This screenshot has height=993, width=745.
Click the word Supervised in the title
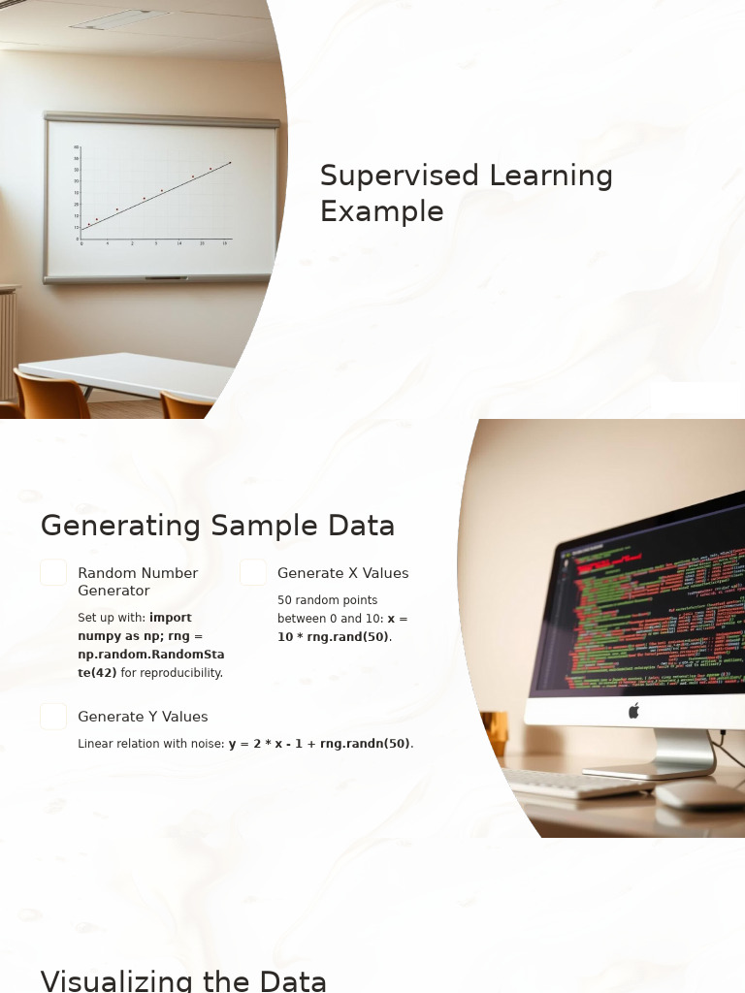click(400, 176)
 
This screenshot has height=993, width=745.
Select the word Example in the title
click(381, 211)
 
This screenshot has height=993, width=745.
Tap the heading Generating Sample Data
click(217, 526)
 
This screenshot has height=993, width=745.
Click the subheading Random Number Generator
click(138, 582)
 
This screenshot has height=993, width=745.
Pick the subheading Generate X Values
click(342, 573)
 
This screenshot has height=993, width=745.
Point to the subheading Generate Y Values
click(143, 717)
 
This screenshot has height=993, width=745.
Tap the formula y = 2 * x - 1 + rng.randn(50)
click(320, 744)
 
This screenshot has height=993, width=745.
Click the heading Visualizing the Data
click(183, 980)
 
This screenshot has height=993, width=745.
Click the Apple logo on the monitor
click(634, 711)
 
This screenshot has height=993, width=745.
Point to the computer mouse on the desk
click(698, 795)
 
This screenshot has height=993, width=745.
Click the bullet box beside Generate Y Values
click(53, 717)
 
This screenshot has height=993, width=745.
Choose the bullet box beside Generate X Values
click(253, 573)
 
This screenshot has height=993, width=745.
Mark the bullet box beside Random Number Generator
click(53, 573)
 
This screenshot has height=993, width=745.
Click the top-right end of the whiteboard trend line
click(230, 162)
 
